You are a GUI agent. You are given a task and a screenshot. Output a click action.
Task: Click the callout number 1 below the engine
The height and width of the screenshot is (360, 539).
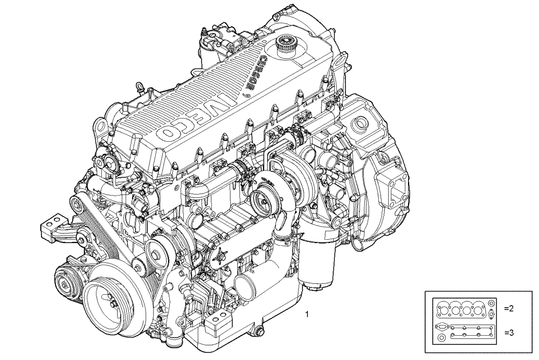click(x=307, y=313)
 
